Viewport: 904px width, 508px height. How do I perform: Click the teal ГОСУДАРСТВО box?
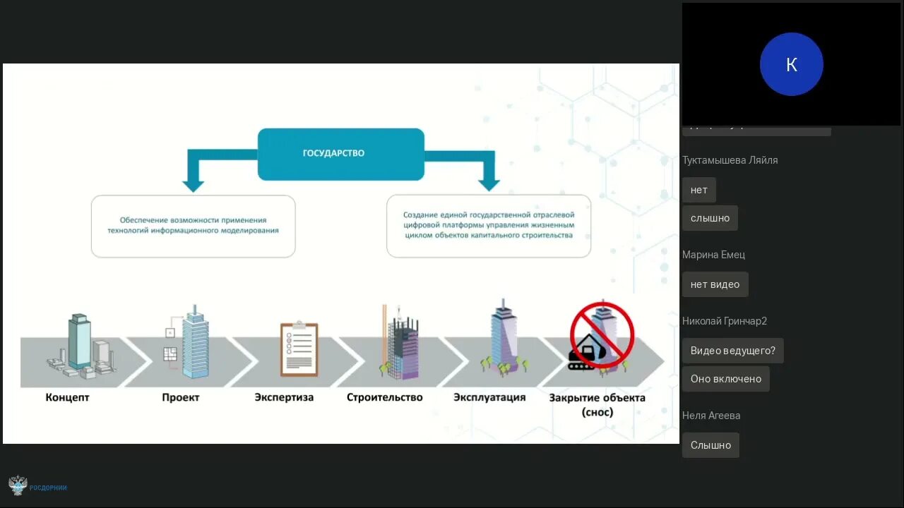[x=340, y=154]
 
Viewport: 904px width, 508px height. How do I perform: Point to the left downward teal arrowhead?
[x=193, y=184]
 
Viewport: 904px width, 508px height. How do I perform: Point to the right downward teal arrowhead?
[x=489, y=184]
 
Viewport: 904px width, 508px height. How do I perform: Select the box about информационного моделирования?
[x=193, y=226]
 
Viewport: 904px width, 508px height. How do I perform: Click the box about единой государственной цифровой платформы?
[x=489, y=226]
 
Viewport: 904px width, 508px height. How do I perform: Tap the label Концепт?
[x=68, y=397]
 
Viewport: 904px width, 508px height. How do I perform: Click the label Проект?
[x=181, y=397]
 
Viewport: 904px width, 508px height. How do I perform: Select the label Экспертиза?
[x=284, y=397]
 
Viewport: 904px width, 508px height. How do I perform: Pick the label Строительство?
[x=384, y=397]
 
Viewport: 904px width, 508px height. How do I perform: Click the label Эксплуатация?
[x=489, y=397]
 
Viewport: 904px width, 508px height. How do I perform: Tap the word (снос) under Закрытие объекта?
[x=597, y=412]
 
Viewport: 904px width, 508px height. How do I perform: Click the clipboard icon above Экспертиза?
[x=299, y=349]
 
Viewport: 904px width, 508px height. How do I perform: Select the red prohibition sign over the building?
[x=602, y=334]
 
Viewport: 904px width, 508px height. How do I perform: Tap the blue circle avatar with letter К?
[x=791, y=64]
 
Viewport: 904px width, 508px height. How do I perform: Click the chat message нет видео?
[x=715, y=284]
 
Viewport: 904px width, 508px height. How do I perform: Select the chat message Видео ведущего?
[x=732, y=351]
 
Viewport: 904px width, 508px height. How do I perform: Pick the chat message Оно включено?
[x=725, y=379]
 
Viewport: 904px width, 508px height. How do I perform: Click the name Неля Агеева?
[x=711, y=416]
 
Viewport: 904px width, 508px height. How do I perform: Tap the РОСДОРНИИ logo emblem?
[x=18, y=485]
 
